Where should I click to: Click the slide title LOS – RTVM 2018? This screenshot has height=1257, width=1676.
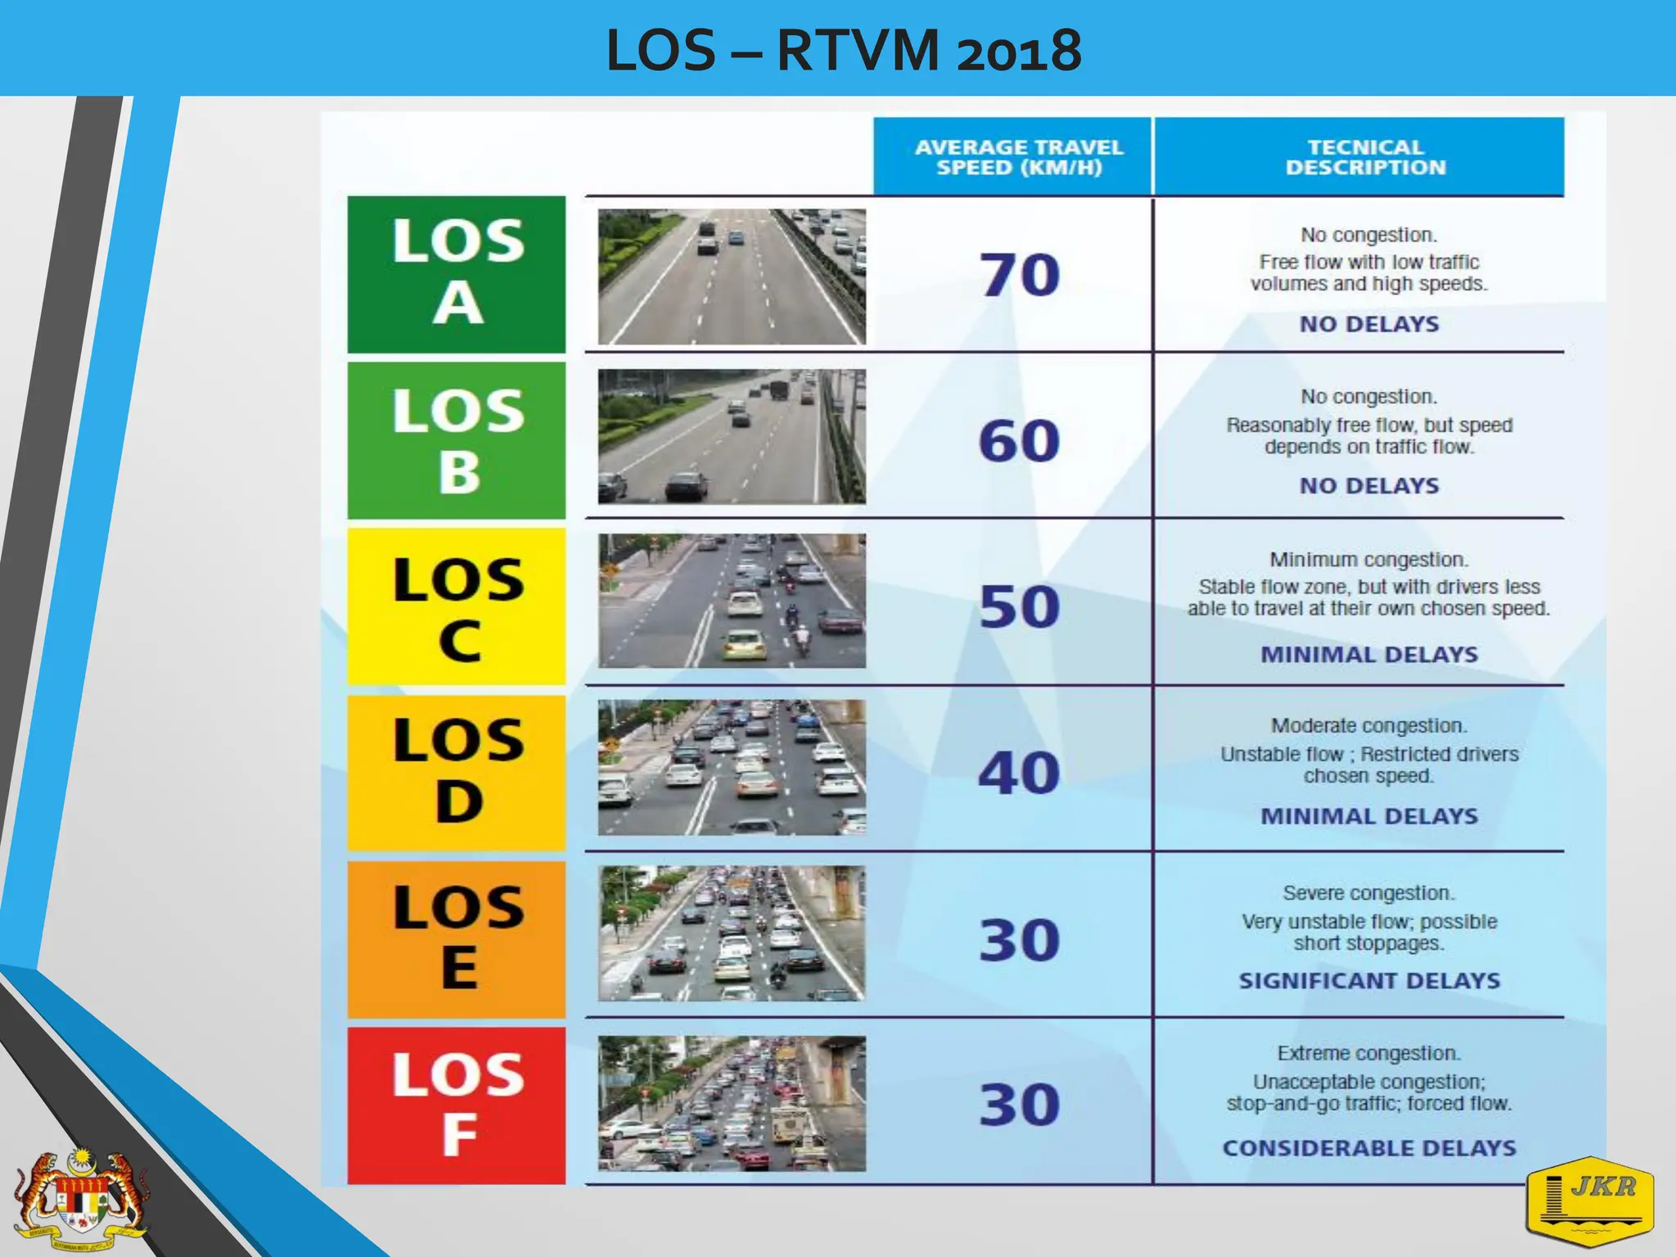[x=844, y=51]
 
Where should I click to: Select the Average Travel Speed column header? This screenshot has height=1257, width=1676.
[x=1019, y=157]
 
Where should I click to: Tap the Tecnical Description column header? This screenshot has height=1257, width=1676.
[x=1365, y=157]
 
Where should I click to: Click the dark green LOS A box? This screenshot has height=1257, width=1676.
[x=457, y=274]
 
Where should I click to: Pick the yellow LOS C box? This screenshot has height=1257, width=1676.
[x=457, y=606]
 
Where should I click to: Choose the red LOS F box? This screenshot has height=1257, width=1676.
[x=457, y=1105]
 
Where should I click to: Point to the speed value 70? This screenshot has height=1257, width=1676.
[x=1020, y=275]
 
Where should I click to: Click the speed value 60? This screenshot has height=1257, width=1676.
[x=1020, y=441]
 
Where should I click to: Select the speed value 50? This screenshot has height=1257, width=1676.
[x=1020, y=607]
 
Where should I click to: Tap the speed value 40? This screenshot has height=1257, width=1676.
[x=1020, y=773]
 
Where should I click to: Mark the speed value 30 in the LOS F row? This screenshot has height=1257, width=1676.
[x=1020, y=1105]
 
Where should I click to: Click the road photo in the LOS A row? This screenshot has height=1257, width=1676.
[x=732, y=277]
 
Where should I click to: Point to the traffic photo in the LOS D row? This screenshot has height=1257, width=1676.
[x=732, y=768]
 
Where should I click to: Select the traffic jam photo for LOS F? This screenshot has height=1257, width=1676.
[x=732, y=1103]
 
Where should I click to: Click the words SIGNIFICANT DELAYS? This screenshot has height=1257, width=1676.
[x=1369, y=980]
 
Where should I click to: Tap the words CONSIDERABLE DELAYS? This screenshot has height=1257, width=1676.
[x=1369, y=1148]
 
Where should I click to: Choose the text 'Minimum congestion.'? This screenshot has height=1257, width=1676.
[x=1369, y=560]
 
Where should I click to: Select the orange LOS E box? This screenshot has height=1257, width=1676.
[x=457, y=939]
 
